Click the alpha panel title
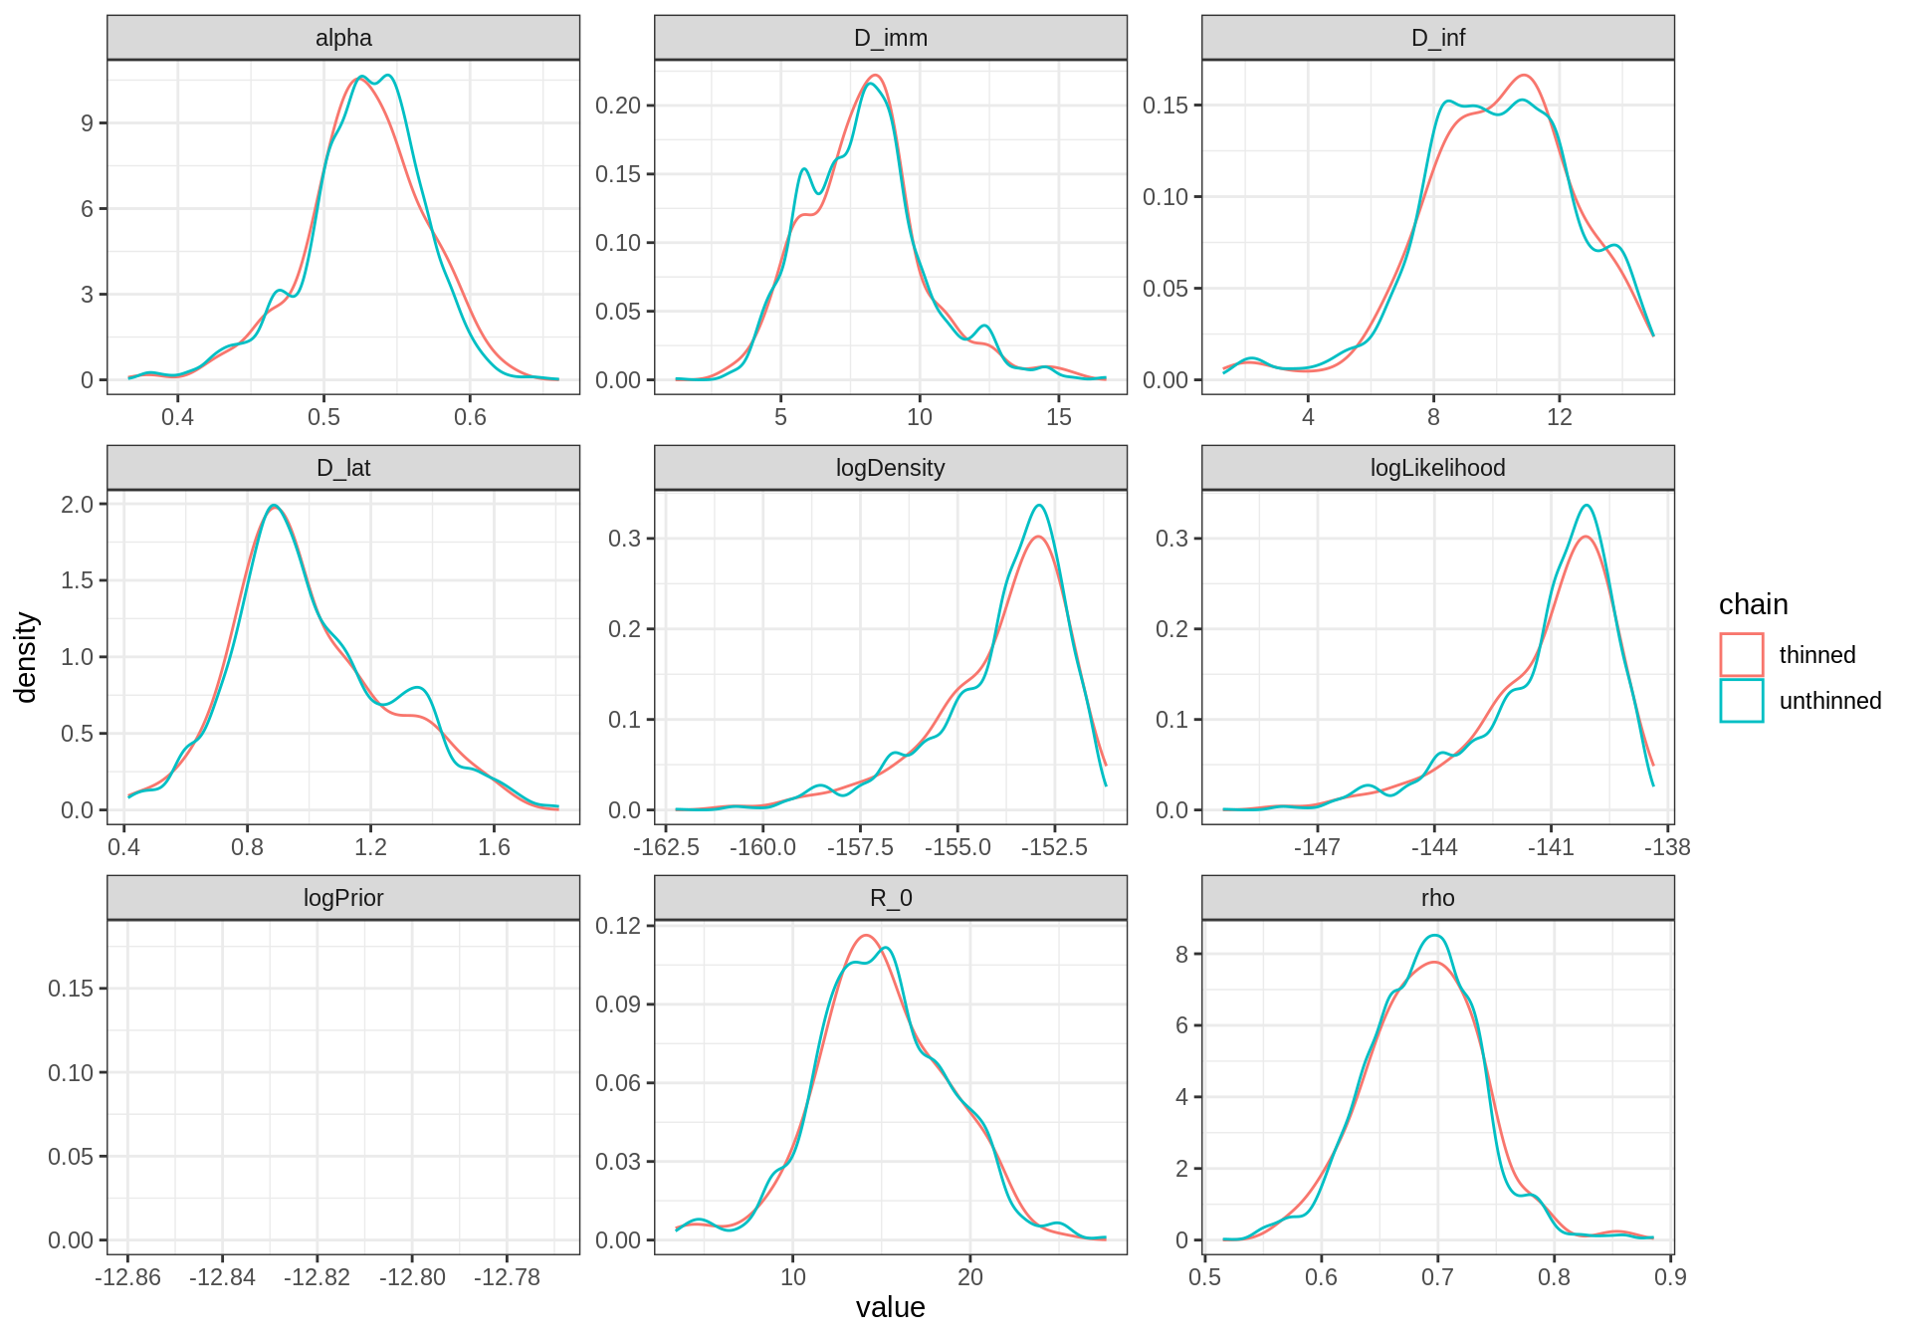343,38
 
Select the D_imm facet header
890,38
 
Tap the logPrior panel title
343,898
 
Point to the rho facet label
1437,898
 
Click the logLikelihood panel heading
1437,468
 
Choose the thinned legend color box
1741,655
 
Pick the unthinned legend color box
1741,701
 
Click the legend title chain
1753,604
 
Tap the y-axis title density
26,657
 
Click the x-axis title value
890,1307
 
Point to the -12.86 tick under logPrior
127,1277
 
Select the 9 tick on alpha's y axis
88,123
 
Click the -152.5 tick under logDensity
1054,847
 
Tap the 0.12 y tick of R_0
618,926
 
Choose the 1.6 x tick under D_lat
494,847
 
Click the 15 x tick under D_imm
1058,417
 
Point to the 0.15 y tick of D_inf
1166,106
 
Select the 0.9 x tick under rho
1670,1277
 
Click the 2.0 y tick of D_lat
78,505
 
